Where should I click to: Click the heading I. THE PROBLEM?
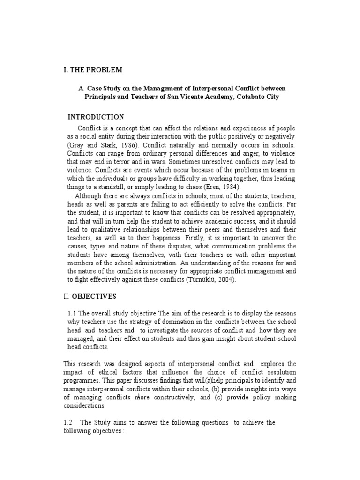point(92,70)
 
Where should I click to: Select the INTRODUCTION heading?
point(96,117)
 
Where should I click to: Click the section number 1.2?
point(67,422)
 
